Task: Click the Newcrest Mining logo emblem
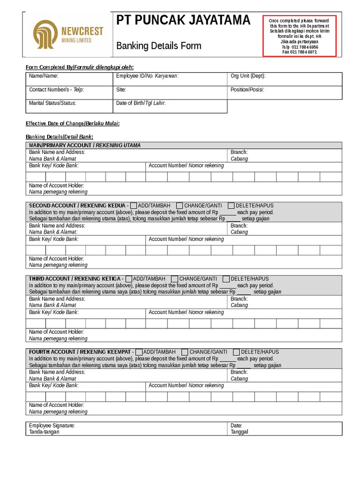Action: coord(45,35)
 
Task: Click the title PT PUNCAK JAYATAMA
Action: coord(183,21)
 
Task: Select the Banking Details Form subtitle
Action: coord(158,45)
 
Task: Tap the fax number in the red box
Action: coord(299,52)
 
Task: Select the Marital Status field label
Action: coord(52,103)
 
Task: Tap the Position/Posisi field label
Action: coord(247,89)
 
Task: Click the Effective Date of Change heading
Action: coord(73,123)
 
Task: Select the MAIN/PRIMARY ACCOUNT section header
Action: coord(84,145)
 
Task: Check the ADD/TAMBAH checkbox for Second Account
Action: coord(134,205)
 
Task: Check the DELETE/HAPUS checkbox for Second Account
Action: coord(231,205)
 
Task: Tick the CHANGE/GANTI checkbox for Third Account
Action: coord(174,278)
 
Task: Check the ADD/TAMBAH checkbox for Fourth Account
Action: coord(138,352)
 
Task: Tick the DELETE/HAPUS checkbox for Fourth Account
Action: coord(236,352)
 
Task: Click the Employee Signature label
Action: coord(52,425)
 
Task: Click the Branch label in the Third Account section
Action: coord(239,299)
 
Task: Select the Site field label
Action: coord(121,89)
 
